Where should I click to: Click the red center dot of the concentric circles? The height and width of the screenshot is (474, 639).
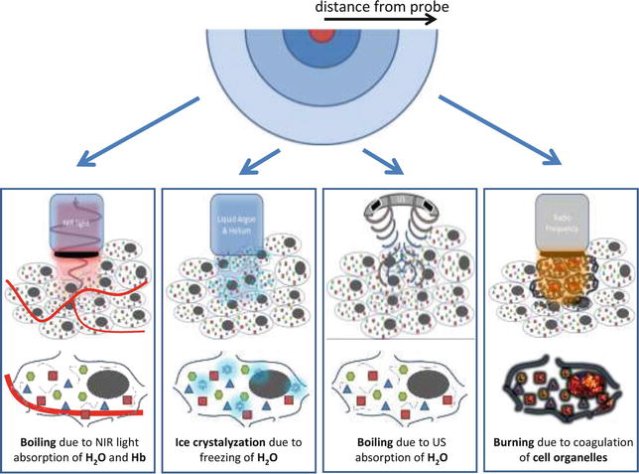pyautogui.click(x=320, y=36)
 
